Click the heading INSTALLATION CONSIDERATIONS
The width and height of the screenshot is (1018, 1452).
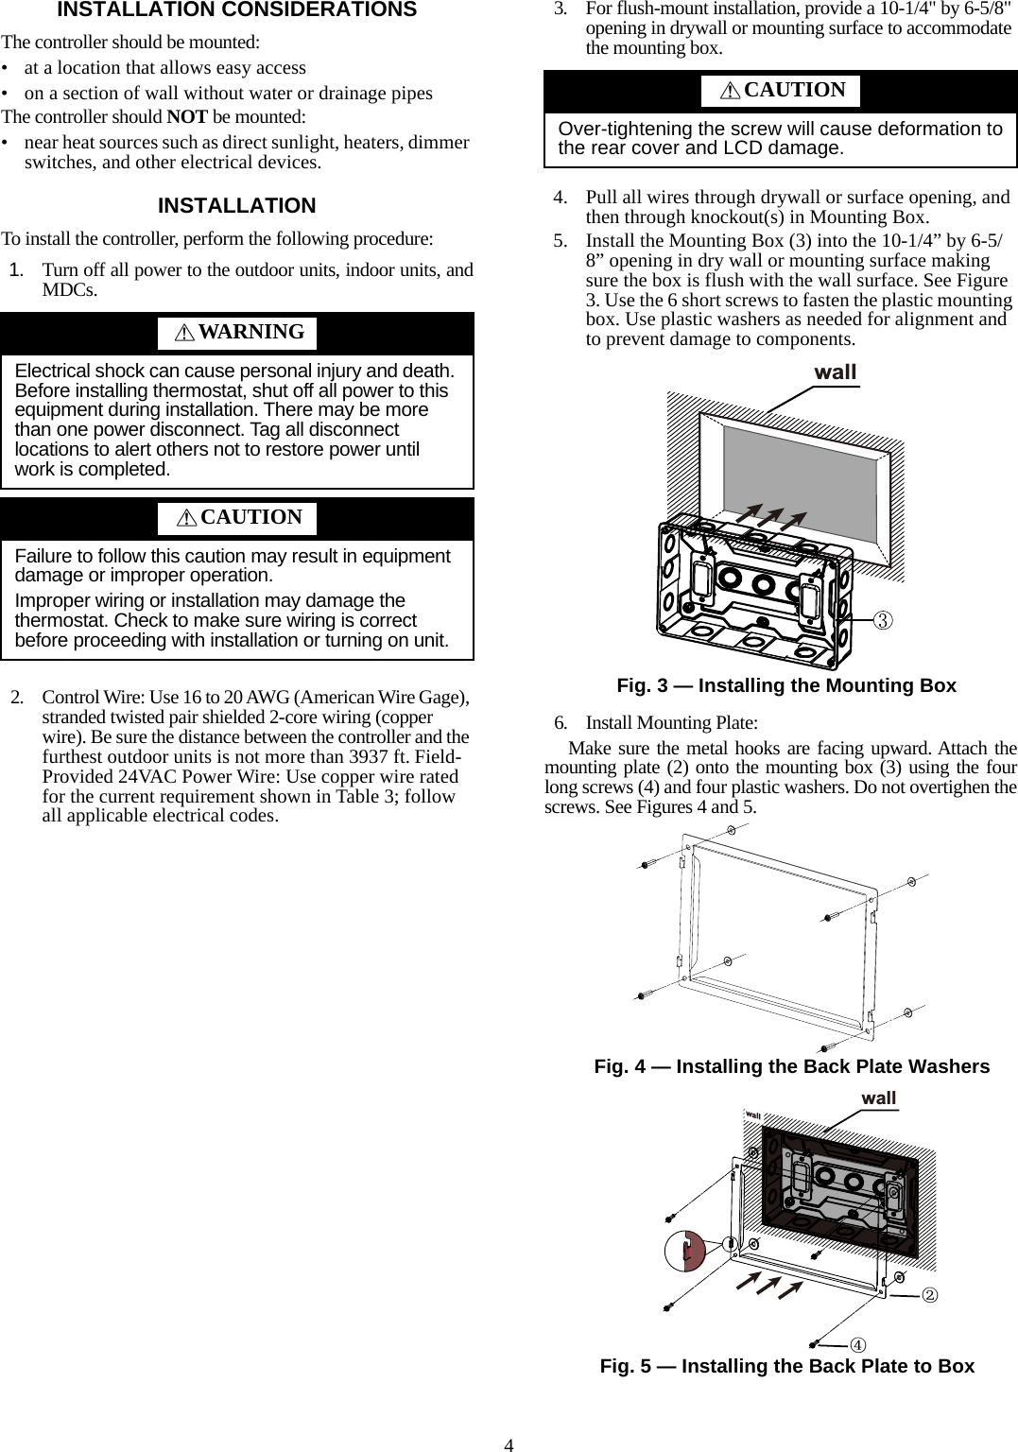pyautogui.click(x=236, y=10)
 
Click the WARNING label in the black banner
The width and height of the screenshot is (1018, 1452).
pyautogui.click(x=251, y=332)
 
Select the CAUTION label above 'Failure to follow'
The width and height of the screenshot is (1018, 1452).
pyautogui.click(x=251, y=517)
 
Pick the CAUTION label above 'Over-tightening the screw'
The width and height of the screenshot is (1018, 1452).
pyautogui.click(x=795, y=90)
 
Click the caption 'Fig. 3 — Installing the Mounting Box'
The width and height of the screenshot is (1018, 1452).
pyautogui.click(x=785, y=685)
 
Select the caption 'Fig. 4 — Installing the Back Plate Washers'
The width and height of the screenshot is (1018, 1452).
pyautogui.click(x=791, y=1066)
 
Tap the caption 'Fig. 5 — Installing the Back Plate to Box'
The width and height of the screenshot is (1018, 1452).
pyautogui.click(x=786, y=1366)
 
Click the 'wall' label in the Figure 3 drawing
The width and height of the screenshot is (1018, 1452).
pyautogui.click(x=836, y=372)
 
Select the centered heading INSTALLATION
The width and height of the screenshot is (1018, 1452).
pyautogui.click(x=236, y=206)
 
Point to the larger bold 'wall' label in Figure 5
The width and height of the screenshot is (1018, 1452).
pyautogui.click(x=879, y=1098)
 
